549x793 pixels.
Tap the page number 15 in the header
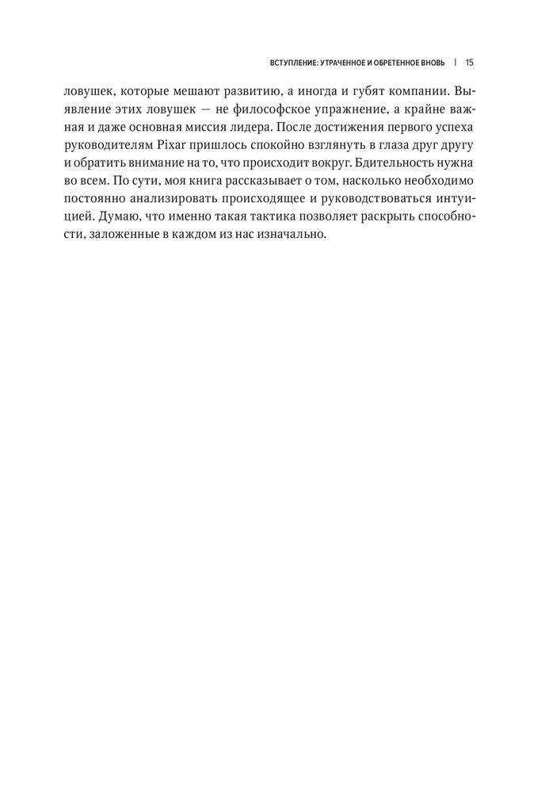tap(470, 62)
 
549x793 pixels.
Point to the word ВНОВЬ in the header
tap(432, 62)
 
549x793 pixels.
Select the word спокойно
tap(274, 145)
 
